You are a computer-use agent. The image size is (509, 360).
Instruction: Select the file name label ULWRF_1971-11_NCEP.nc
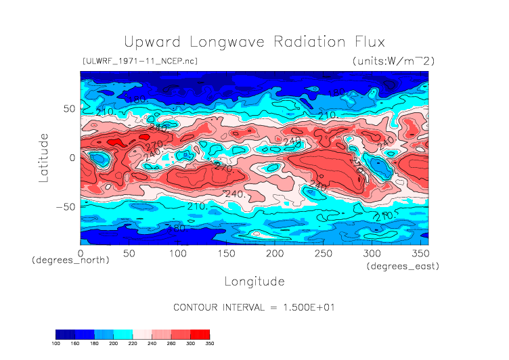[139, 61]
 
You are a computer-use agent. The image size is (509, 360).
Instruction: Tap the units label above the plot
[393, 61]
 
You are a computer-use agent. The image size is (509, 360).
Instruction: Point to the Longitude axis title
[254, 280]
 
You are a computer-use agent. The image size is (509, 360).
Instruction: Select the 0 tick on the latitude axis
[71, 158]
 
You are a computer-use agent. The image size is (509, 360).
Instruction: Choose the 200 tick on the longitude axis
[274, 252]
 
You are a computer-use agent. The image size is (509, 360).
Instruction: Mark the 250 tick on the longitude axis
[322, 252]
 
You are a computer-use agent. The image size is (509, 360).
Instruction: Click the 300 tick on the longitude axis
[371, 252]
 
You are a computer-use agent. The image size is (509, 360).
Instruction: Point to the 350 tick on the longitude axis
[419, 252]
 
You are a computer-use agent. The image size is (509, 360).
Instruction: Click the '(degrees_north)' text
[70, 260]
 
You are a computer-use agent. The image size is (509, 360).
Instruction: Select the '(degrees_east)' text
[403, 267]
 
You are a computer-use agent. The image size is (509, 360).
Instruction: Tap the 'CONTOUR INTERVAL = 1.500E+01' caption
[255, 307]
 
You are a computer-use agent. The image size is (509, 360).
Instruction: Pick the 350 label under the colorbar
[209, 344]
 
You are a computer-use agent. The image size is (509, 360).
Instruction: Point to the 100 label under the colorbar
[56, 344]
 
